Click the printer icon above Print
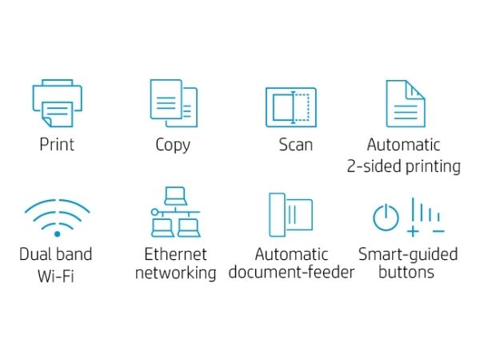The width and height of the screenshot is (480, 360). (x=58, y=103)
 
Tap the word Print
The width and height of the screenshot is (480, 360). (x=57, y=144)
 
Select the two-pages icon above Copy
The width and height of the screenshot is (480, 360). (x=174, y=103)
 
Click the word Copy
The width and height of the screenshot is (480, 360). (x=173, y=145)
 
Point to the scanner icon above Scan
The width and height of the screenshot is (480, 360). (x=291, y=107)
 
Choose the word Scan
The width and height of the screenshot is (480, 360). (x=296, y=145)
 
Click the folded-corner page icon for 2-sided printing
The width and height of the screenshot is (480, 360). (x=406, y=103)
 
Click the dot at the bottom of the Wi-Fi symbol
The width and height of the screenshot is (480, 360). (x=58, y=234)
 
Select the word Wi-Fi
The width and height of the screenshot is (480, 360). (x=56, y=276)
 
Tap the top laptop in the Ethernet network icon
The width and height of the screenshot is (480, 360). (x=175, y=196)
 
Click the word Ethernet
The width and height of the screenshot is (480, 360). (x=175, y=254)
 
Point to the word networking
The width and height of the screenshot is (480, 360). (x=176, y=273)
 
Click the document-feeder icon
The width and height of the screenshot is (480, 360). (x=291, y=214)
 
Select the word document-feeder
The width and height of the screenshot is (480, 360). (x=291, y=272)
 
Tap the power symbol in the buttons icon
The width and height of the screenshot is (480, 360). (x=386, y=218)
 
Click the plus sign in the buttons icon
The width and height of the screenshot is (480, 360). (x=413, y=231)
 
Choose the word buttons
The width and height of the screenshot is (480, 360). (x=406, y=272)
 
